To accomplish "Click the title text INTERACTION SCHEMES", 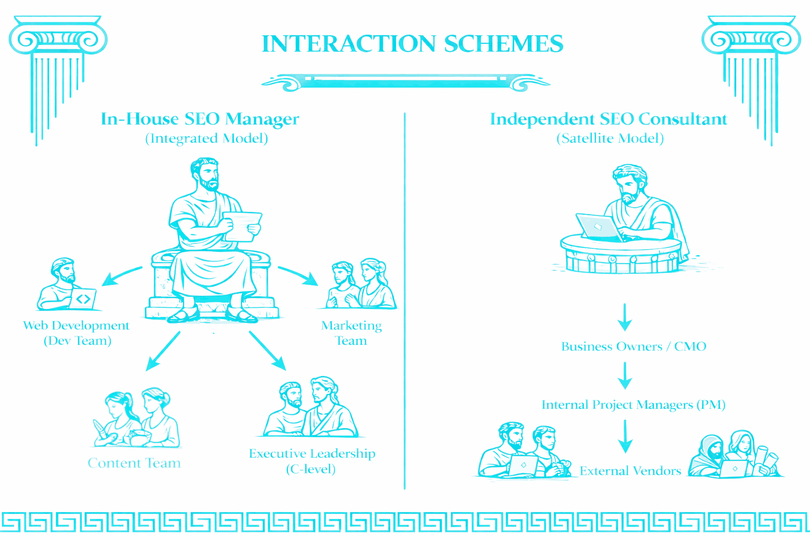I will [x=412, y=44].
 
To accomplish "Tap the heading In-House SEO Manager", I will [x=200, y=119].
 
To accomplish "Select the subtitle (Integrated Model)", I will [x=207, y=138].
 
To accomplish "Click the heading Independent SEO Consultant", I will [x=609, y=119].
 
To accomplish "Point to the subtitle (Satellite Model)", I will [x=610, y=138].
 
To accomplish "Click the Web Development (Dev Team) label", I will [x=76, y=333].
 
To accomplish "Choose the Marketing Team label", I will [x=352, y=333].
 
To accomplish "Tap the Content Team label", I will [x=134, y=463].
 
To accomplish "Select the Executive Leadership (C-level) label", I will [x=312, y=461].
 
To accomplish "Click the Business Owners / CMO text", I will [x=633, y=346].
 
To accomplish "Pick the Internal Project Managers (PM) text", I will [x=633, y=405].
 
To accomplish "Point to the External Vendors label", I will [x=630, y=471].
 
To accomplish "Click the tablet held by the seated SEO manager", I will [x=242, y=225].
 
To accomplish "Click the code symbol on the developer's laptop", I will [x=83, y=299].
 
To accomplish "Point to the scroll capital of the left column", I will [x=58, y=38].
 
